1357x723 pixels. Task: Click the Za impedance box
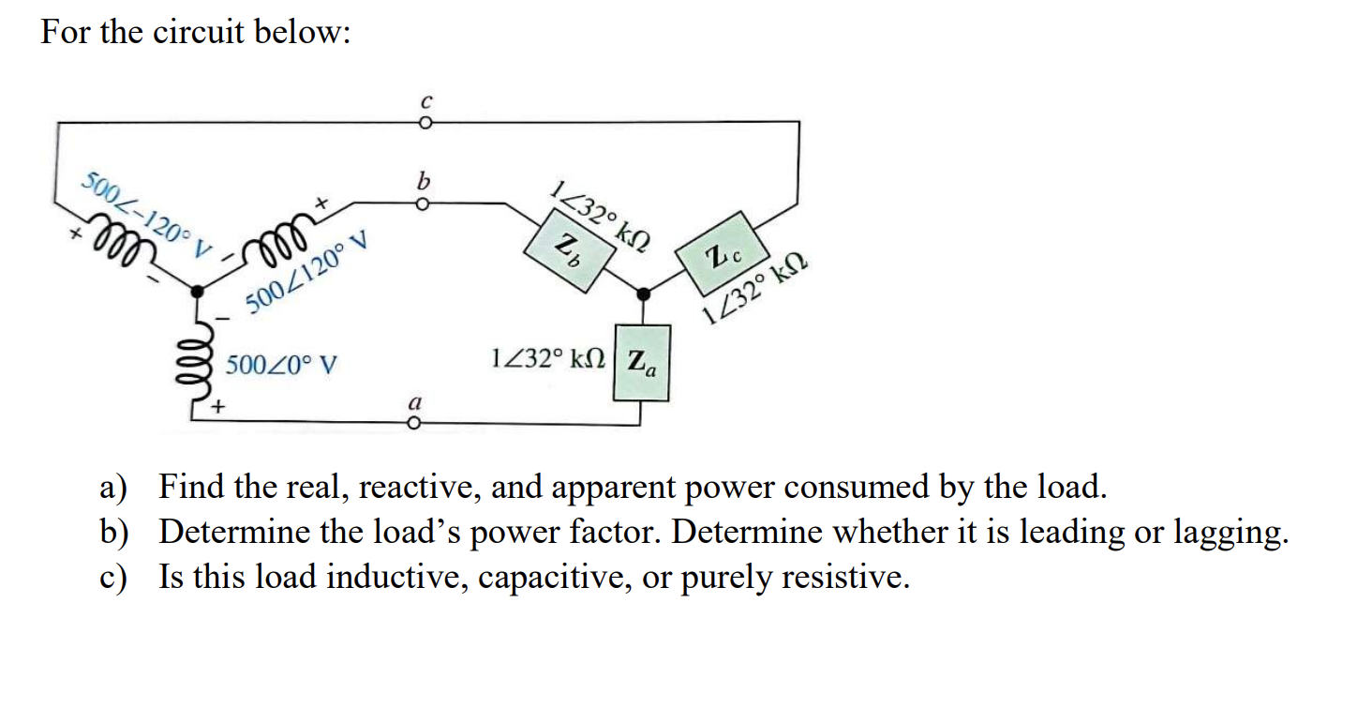pos(642,362)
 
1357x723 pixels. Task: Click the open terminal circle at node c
pos(425,123)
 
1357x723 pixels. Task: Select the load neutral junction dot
pos(642,294)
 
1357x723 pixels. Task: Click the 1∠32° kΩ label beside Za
pos(548,359)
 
